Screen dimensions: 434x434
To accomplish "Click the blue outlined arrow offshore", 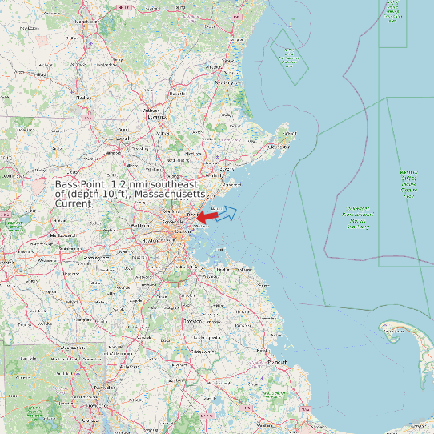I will pyautogui.click(x=227, y=212).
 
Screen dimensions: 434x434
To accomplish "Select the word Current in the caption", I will pyautogui.click(x=74, y=203).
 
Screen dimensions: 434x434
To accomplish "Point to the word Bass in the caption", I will pyautogui.click(x=68, y=186).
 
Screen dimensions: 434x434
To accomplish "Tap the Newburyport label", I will pyautogui.click(x=228, y=82).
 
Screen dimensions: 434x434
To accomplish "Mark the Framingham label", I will pyautogui.click(x=94, y=259).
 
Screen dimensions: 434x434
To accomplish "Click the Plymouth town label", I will pyautogui.click(x=279, y=362).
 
